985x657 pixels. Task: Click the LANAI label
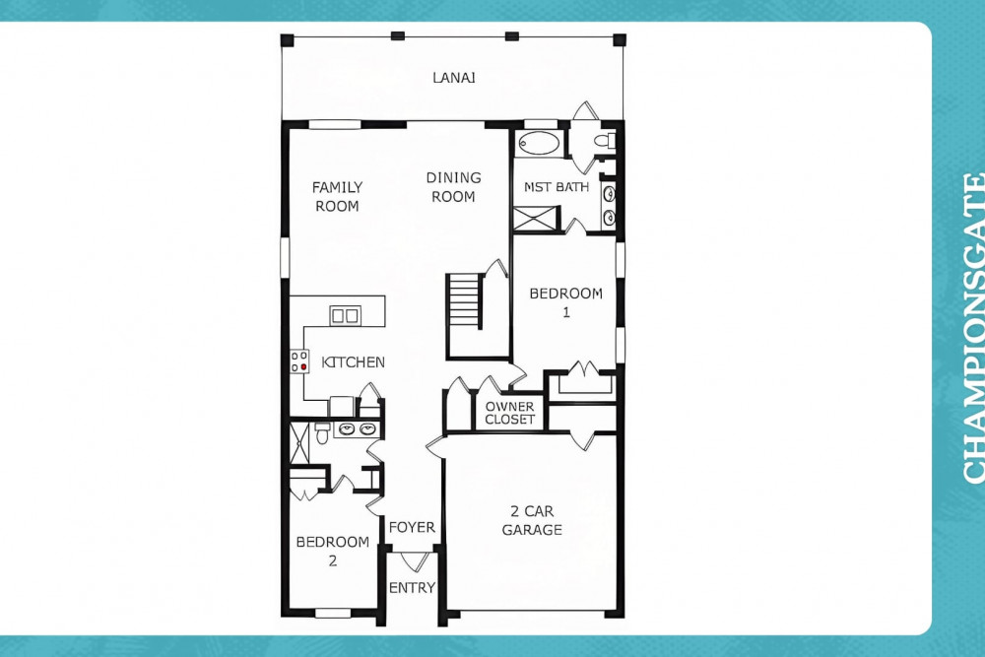click(x=453, y=77)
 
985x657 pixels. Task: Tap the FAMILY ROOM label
click(x=337, y=197)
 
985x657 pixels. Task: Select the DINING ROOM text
click(x=453, y=187)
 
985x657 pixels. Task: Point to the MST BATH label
click(x=557, y=186)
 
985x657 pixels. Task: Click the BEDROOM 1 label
click(x=566, y=302)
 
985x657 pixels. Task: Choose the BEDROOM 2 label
click(x=332, y=551)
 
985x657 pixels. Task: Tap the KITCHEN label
click(x=353, y=361)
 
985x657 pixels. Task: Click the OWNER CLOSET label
click(x=509, y=413)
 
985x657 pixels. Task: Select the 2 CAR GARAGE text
click(x=532, y=521)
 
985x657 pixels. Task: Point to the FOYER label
click(x=412, y=527)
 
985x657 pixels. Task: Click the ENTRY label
click(x=412, y=587)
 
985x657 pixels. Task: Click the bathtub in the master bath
click(x=539, y=143)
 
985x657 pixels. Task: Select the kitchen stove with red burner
click(x=299, y=361)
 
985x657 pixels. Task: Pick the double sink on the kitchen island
click(x=345, y=315)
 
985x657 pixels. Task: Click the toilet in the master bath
click(x=605, y=141)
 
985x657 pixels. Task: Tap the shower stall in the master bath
click(x=535, y=220)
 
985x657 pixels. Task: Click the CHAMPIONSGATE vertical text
click(x=973, y=328)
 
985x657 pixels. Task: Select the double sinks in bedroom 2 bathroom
click(x=357, y=429)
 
